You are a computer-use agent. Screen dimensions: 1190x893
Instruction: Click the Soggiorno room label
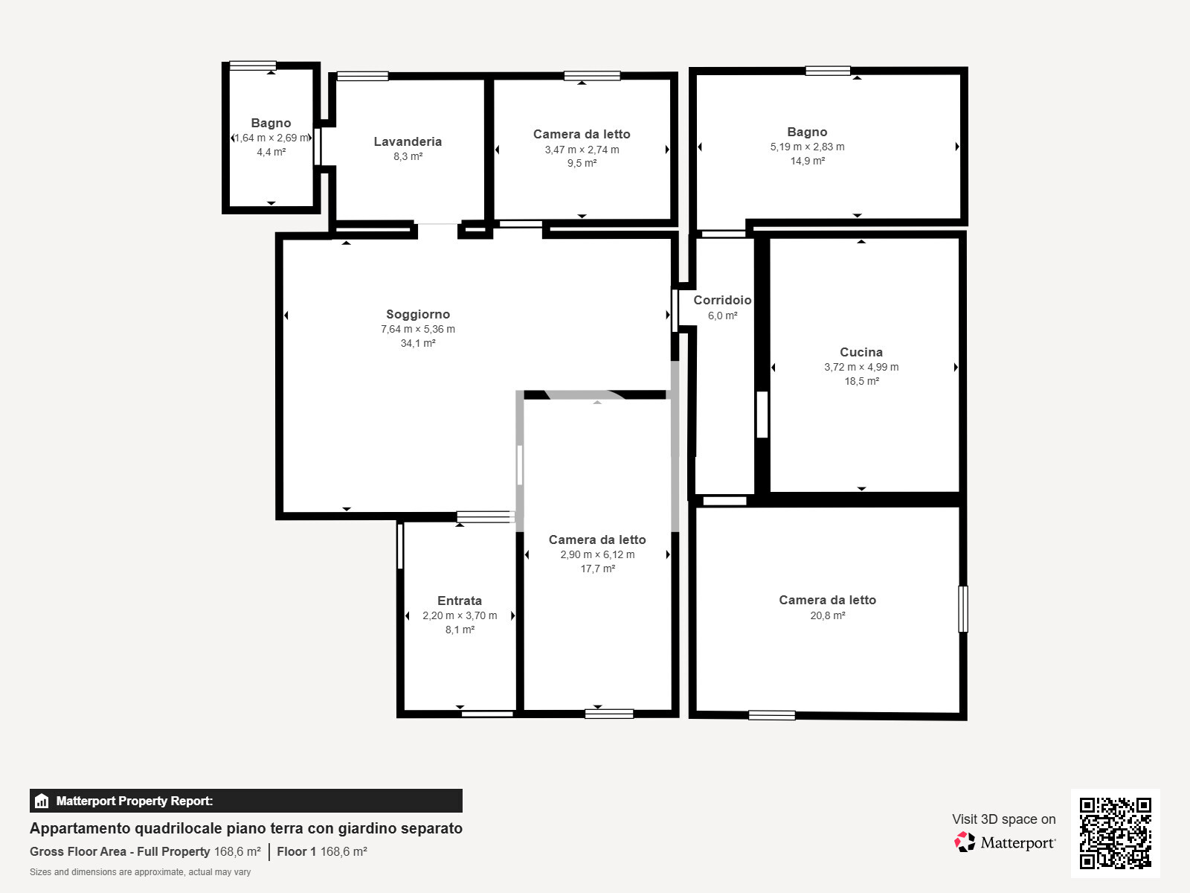coord(417,315)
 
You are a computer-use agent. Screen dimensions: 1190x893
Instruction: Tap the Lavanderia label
coord(408,141)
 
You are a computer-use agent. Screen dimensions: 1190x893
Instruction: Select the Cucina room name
coord(861,352)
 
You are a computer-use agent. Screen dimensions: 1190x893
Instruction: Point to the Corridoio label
coord(722,300)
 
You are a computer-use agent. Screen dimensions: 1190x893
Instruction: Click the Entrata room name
coord(459,601)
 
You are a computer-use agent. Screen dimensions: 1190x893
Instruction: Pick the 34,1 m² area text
coord(417,343)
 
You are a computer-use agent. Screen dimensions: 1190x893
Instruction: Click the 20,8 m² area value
coord(827,615)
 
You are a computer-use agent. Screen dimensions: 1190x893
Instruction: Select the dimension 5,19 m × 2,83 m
coord(807,147)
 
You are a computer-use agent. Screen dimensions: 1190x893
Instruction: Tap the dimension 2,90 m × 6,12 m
coord(597,554)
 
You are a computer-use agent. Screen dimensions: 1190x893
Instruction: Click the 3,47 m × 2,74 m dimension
coord(581,150)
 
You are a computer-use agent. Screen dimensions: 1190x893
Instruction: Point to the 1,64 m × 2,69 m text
coord(271,138)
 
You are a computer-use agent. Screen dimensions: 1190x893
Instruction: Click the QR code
coord(1115,833)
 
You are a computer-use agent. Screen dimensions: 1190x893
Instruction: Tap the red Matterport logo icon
coord(964,842)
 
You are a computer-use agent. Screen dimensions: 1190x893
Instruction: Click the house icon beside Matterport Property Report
coord(41,801)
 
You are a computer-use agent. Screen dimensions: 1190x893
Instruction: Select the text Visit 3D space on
coord(1003,819)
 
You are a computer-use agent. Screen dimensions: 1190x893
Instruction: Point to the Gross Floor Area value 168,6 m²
coord(237,851)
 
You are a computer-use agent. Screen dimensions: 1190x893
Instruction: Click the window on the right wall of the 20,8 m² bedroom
coord(963,609)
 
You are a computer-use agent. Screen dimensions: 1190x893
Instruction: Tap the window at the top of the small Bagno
coord(253,65)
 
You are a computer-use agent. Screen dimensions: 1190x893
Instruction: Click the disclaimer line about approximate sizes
coord(140,872)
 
